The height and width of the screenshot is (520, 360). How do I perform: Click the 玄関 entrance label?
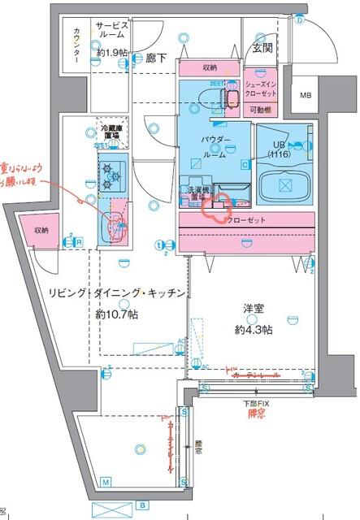[262, 48]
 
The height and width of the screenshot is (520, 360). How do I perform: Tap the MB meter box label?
[306, 95]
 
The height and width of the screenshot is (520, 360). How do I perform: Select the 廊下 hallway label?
[156, 58]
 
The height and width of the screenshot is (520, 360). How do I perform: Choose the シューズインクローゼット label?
[262, 88]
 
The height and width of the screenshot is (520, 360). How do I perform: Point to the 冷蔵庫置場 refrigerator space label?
[111, 132]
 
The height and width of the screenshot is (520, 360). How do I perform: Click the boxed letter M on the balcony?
[106, 483]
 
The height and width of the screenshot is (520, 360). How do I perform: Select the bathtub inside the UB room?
[284, 183]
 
